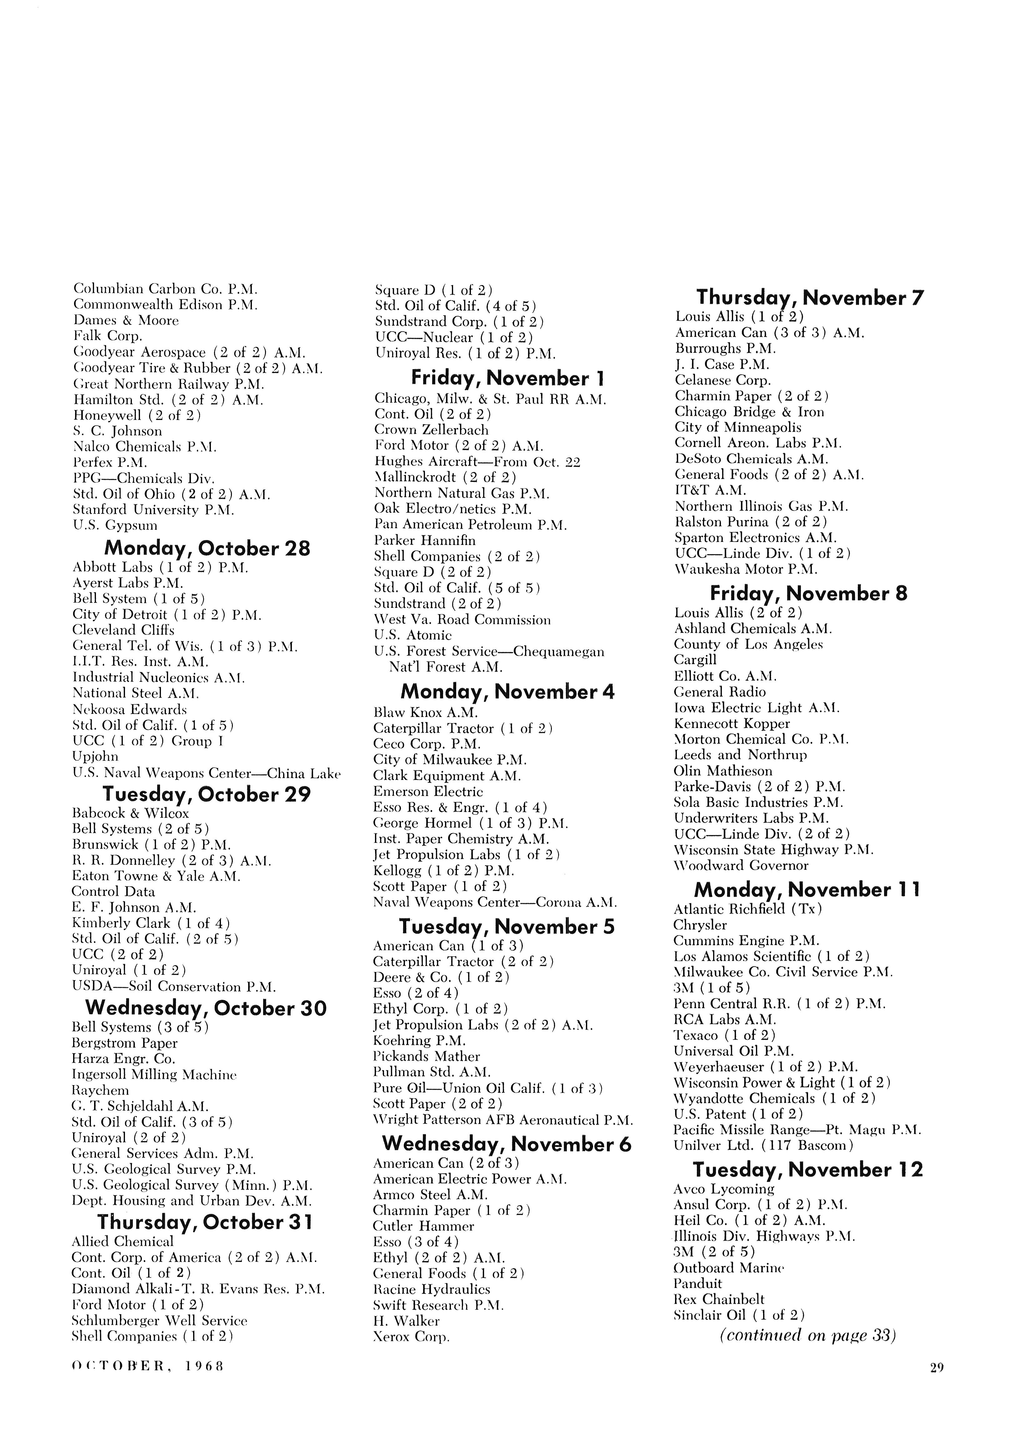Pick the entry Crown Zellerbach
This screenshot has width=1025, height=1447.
tap(431, 430)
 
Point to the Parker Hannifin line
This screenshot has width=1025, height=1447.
tap(425, 540)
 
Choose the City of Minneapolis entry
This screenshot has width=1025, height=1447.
tap(738, 427)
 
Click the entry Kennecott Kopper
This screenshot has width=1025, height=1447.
tap(732, 723)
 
